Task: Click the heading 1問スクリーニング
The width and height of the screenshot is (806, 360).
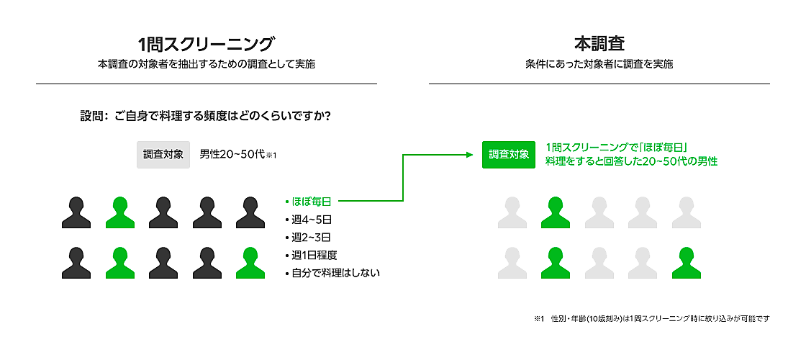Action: (206, 42)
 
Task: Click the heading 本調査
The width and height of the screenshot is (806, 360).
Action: (599, 42)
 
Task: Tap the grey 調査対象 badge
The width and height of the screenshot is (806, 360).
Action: (163, 154)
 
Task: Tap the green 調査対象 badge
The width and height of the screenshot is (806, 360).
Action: (509, 154)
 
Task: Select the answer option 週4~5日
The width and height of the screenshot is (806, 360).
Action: (311, 219)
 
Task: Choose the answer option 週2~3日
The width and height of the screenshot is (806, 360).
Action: (311, 237)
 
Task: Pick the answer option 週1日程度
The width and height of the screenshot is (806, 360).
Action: (314, 255)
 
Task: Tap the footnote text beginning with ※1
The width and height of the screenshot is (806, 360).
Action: (651, 318)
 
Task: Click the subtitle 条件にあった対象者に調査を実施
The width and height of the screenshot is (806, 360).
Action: (599, 64)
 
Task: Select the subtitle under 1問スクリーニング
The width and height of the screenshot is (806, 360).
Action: (206, 64)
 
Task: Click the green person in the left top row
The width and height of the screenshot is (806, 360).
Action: (119, 212)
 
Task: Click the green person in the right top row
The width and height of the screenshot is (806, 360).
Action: (556, 212)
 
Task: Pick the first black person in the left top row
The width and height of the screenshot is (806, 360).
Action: (76, 212)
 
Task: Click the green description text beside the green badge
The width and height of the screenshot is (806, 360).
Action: (631, 154)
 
